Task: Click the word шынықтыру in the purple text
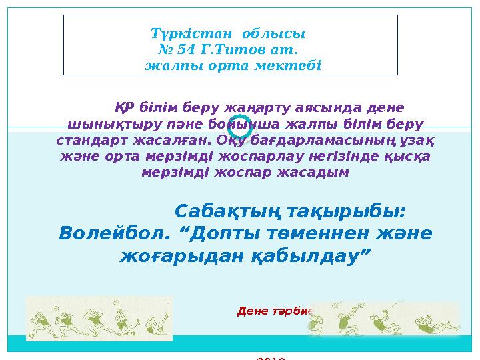[x=99, y=124]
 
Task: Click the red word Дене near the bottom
[x=252, y=311]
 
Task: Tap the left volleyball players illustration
[x=99, y=318]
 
